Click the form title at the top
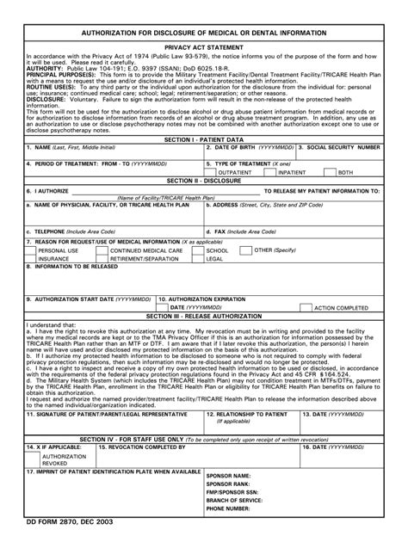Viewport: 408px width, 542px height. click(203, 32)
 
